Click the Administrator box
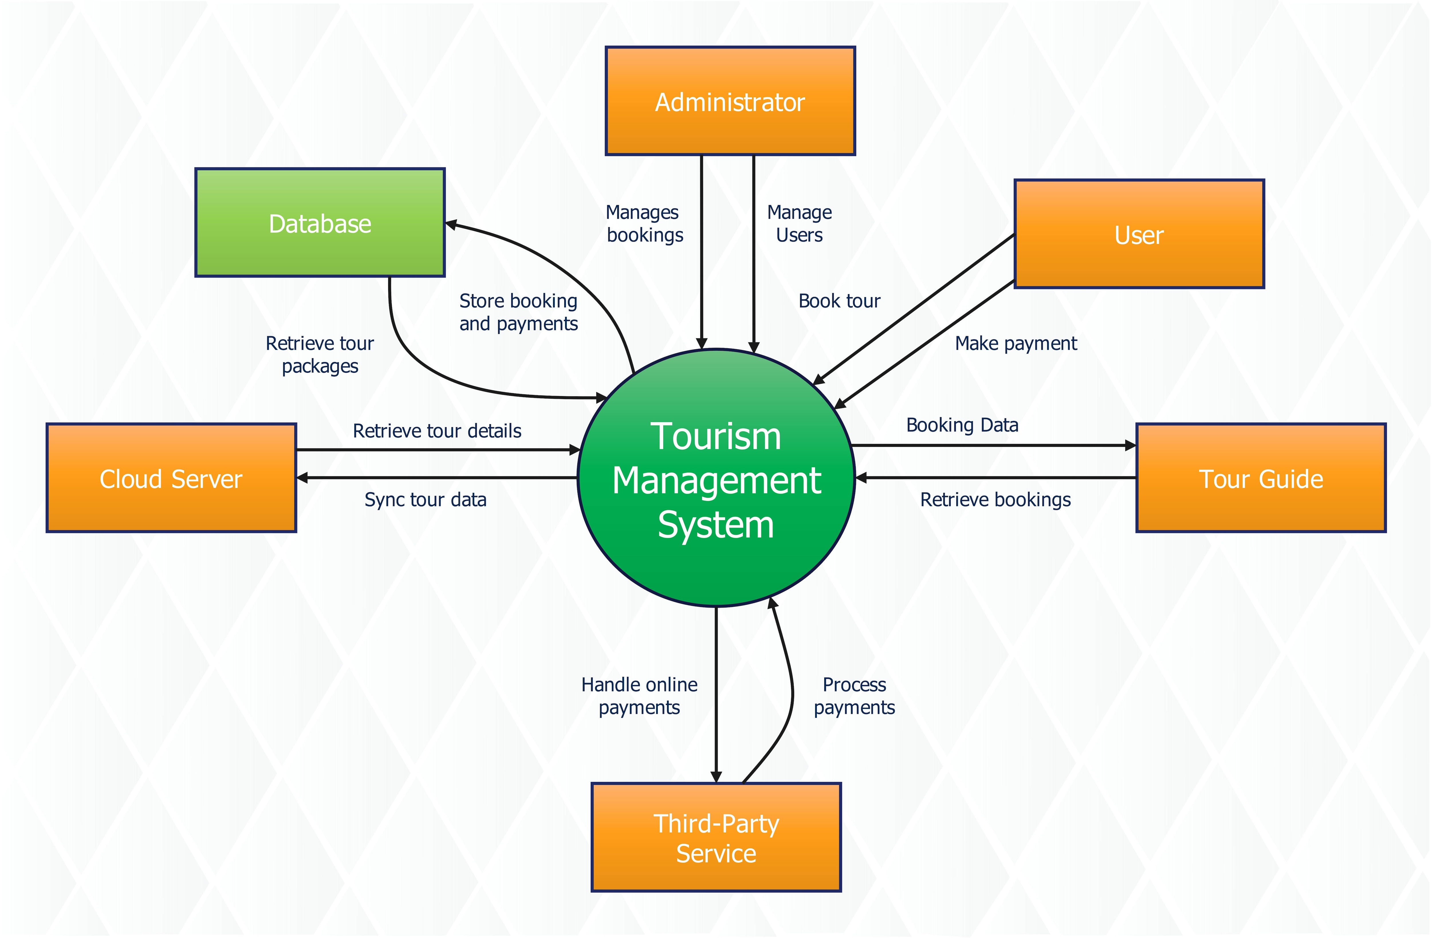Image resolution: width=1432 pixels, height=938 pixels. (x=730, y=101)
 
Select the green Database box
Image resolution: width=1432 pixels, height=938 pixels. (x=320, y=222)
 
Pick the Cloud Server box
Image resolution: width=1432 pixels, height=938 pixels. (x=171, y=478)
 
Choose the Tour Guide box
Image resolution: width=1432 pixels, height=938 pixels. (x=1260, y=478)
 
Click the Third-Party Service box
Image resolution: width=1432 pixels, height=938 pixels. (x=716, y=837)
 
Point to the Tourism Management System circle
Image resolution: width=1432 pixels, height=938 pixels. (x=716, y=478)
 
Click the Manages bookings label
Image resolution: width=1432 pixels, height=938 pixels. (x=644, y=223)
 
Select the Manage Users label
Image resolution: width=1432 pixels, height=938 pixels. (x=799, y=223)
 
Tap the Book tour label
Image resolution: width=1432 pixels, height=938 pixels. (x=839, y=301)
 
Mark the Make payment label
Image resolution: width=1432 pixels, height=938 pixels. (x=1016, y=344)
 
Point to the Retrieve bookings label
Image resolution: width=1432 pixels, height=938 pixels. (x=995, y=499)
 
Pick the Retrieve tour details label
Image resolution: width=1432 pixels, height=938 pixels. (x=437, y=431)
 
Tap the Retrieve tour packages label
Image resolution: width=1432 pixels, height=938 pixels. (x=320, y=354)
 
